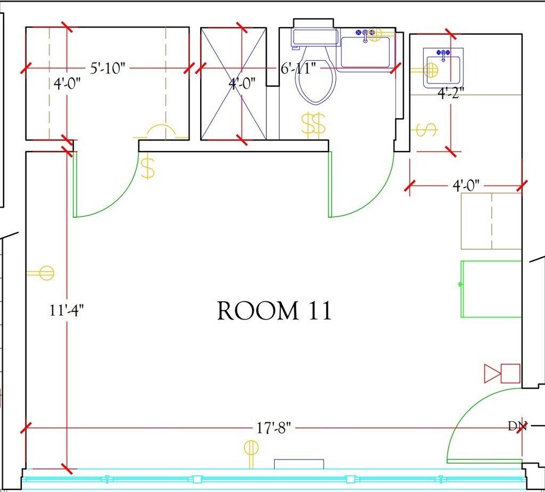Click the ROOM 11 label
pyautogui.click(x=274, y=310)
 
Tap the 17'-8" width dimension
pyautogui.click(x=274, y=428)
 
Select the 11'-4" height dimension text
pyautogui.click(x=67, y=310)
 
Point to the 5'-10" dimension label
pyautogui.click(x=108, y=68)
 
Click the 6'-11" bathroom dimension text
pyautogui.click(x=299, y=68)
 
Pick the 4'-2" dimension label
pyautogui.click(x=450, y=93)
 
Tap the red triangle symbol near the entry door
pyautogui.click(x=492, y=373)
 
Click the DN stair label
pyautogui.click(x=517, y=426)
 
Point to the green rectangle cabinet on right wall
pyautogui.click(x=491, y=289)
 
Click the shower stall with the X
pyautogui.click(x=234, y=84)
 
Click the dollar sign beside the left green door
pyautogui.click(x=148, y=168)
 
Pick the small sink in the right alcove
pyautogui.click(x=443, y=68)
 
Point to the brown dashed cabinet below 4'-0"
pyautogui.click(x=491, y=221)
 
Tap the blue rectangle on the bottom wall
pyautogui.click(x=299, y=464)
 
